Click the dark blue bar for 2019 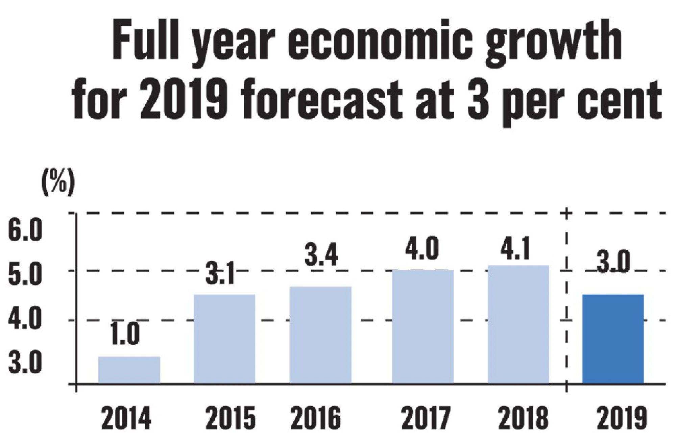613,339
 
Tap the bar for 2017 423,326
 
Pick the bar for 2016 320,335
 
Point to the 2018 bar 518,324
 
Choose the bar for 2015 224,339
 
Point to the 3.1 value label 220,275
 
